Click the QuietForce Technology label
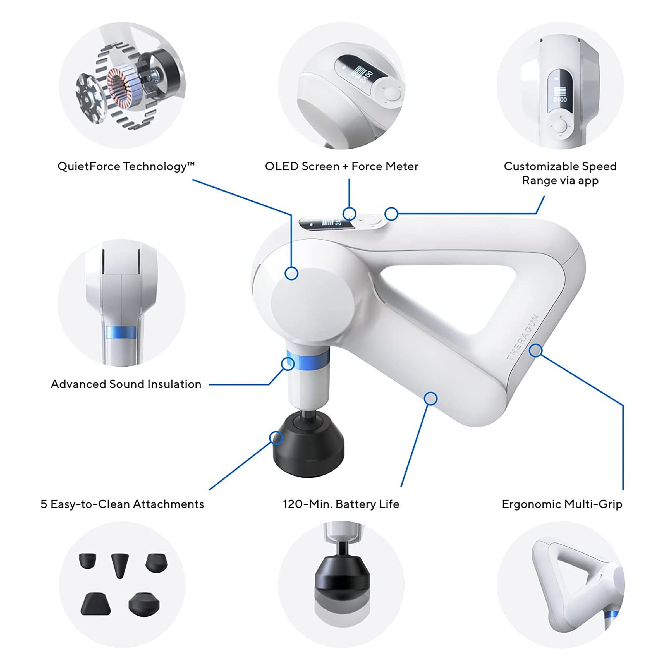[126, 166]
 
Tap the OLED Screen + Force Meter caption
[342, 166]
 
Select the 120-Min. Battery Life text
[341, 504]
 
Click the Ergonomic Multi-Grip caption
[562, 504]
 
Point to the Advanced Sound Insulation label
[126, 384]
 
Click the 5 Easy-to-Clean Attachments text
[122, 504]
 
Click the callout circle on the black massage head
[276, 438]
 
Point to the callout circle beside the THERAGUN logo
[536, 351]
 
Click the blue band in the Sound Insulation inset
[121, 333]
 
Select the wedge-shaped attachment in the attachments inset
[95, 604]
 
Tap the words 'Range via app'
[560, 181]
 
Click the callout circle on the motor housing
[291, 273]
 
